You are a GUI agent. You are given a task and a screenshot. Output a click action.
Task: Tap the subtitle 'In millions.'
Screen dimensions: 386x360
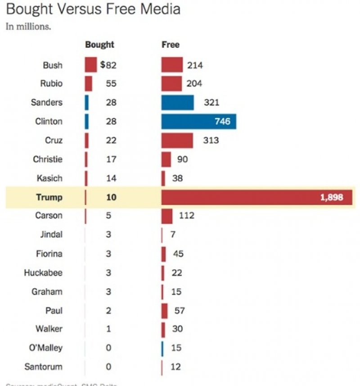(28, 26)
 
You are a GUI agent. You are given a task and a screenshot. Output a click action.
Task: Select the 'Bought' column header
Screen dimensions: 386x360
(99, 45)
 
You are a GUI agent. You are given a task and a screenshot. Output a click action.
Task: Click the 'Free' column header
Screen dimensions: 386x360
(171, 45)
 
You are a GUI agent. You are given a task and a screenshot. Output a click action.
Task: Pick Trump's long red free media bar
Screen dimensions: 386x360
(256, 197)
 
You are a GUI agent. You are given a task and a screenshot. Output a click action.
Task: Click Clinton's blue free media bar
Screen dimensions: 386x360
(198, 122)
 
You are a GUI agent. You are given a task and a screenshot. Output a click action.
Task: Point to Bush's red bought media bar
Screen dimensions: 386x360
(91, 65)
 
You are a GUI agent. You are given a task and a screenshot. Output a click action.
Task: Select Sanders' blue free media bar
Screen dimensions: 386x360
(177, 103)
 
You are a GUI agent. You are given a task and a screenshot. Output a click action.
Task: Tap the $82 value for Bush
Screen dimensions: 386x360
(108, 65)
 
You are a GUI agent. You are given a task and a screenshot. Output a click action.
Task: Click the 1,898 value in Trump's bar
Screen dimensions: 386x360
(332, 197)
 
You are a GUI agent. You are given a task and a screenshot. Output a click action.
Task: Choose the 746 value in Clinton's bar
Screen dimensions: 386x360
(222, 122)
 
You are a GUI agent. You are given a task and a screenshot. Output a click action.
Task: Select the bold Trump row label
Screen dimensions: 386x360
(49, 197)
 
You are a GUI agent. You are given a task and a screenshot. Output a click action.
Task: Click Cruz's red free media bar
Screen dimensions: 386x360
(177, 141)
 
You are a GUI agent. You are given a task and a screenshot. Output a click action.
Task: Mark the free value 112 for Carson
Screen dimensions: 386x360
(186, 216)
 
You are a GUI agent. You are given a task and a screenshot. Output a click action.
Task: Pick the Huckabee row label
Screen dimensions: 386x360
(43, 272)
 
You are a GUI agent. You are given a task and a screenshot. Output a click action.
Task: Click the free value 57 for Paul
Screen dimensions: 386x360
(179, 310)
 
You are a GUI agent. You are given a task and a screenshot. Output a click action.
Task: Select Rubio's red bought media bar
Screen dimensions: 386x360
(88, 84)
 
